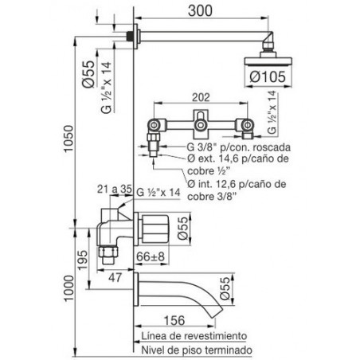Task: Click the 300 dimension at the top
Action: click(200, 11)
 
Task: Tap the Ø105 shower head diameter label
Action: click(268, 76)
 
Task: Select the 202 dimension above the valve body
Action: click(201, 97)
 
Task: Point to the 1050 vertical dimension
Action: click(68, 139)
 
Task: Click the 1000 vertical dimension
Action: click(68, 288)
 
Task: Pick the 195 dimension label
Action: click(83, 260)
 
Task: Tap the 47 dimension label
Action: click(115, 278)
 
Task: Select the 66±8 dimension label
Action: click(151, 256)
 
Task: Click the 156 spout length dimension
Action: click(174, 320)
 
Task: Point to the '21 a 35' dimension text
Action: click(115, 190)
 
